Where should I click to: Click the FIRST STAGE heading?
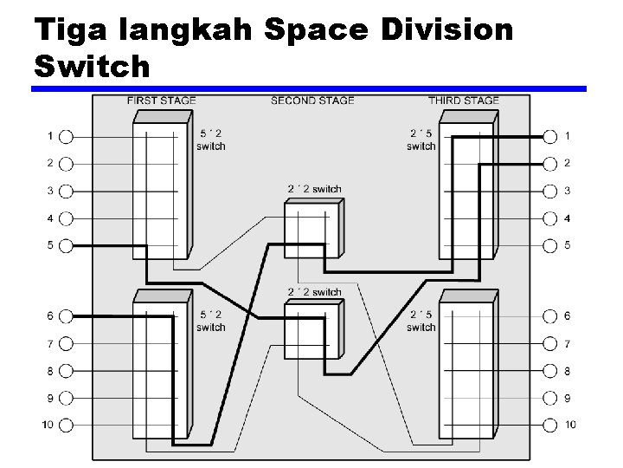(x=161, y=101)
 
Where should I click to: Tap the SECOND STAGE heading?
(x=312, y=101)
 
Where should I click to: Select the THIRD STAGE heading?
(x=463, y=101)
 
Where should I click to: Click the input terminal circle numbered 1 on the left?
(x=67, y=136)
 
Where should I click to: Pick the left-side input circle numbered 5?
(x=67, y=246)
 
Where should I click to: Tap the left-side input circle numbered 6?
(x=67, y=316)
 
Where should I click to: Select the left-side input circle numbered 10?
(x=67, y=426)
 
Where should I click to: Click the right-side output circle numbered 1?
(x=549, y=136)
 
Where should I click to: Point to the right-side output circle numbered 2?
(x=549, y=163)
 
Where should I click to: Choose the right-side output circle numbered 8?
(x=549, y=372)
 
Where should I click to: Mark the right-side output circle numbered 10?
(x=549, y=426)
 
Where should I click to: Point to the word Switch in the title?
(x=93, y=66)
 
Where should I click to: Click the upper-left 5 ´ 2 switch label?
(x=210, y=140)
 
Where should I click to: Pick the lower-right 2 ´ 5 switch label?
(x=421, y=321)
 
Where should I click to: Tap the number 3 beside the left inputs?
(x=50, y=191)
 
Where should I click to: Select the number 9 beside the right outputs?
(x=568, y=399)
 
